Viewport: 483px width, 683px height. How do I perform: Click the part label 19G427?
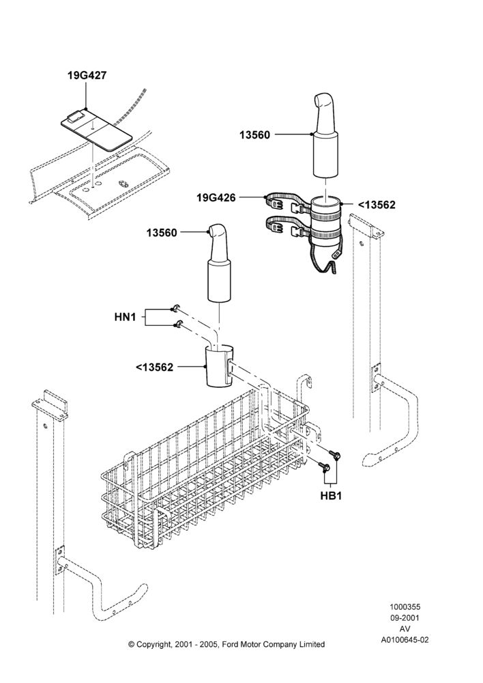click(87, 75)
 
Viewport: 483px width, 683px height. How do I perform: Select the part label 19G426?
click(216, 198)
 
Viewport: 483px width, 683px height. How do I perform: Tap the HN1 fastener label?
click(125, 317)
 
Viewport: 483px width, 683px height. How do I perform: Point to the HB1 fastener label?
click(331, 496)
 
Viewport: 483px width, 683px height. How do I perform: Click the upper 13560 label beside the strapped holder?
click(254, 135)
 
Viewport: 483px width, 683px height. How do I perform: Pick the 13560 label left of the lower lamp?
click(162, 233)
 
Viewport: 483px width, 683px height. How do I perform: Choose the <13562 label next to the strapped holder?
click(377, 205)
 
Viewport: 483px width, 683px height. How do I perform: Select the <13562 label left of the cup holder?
click(154, 367)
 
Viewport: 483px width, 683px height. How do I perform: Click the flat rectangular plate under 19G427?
click(96, 129)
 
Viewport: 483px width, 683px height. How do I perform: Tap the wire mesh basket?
click(205, 466)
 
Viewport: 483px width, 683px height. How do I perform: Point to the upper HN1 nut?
click(175, 309)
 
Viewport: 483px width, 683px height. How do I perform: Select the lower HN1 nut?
click(177, 324)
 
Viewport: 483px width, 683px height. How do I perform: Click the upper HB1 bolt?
click(336, 455)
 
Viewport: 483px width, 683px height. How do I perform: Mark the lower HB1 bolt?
click(325, 467)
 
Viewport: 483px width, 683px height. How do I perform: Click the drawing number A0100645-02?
click(405, 640)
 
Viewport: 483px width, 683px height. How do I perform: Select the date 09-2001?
click(405, 617)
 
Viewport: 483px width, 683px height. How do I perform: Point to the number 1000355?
click(405, 607)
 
